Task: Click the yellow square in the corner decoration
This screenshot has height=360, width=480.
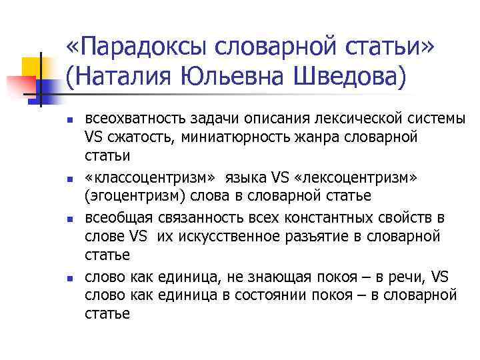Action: (x=33, y=66)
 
